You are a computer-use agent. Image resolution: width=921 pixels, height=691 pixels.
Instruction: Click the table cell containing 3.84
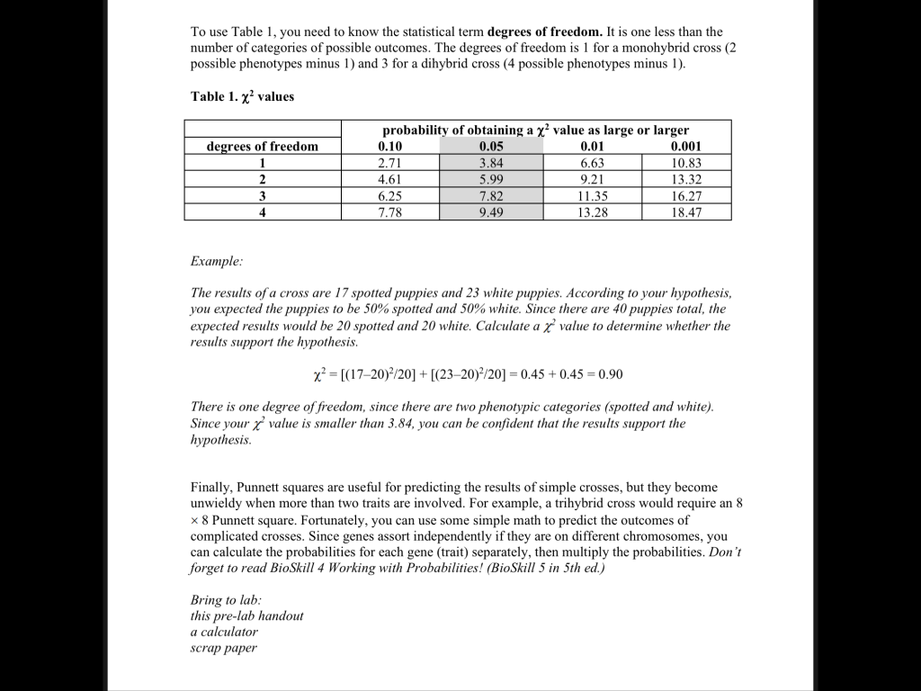[x=491, y=163]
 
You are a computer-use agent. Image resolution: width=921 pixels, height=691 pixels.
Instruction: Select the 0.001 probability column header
[x=686, y=147]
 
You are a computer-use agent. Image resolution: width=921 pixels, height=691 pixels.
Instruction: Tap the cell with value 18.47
[x=686, y=212]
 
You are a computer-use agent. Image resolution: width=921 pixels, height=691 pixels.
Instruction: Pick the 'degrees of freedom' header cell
[x=263, y=147]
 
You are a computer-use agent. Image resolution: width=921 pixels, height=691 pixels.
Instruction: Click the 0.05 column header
[x=491, y=147]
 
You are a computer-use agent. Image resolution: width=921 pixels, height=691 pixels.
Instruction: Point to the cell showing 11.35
[x=592, y=196]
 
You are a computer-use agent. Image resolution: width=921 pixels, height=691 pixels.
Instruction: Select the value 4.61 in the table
[x=391, y=179]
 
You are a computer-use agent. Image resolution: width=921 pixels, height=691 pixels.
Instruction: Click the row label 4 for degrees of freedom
[x=263, y=212]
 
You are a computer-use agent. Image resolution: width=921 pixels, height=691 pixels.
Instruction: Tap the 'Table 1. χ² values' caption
[x=242, y=96]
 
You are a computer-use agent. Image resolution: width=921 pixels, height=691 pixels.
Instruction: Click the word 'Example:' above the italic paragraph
[x=216, y=261]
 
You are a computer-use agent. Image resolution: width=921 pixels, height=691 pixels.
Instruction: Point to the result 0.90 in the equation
[x=609, y=374]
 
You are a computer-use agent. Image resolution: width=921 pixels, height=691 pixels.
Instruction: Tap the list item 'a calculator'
[x=224, y=632]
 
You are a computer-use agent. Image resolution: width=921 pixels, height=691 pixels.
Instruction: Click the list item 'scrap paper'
[x=223, y=648]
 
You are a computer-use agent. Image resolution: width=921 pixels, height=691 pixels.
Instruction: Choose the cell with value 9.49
[x=491, y=212]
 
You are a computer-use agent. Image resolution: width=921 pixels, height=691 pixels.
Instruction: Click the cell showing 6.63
[x=592, y=163]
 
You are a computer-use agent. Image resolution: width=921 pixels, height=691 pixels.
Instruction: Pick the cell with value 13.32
[x=686, y=179]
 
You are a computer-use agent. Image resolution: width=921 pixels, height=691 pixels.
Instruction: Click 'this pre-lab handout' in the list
[x=246, y=616]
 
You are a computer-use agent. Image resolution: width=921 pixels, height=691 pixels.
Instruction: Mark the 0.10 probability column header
[x=391, y=147]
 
